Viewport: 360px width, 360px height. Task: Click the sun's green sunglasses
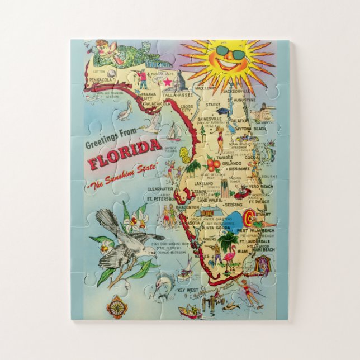click(x=231, y=54)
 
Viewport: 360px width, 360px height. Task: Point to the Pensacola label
click(x=101, y=80)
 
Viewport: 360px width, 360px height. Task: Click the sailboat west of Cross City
click(x=174, y=132)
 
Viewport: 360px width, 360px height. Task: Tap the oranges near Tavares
click(x=213, y=164)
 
